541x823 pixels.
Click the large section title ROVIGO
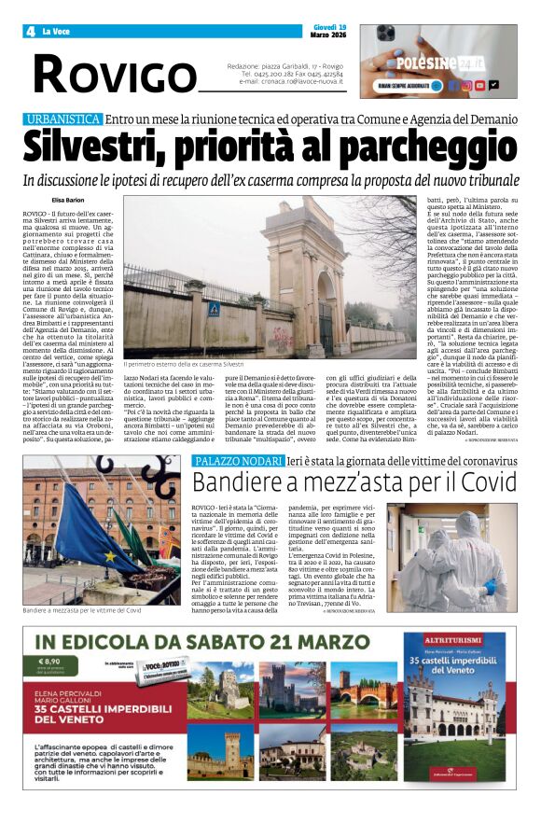(x=116, y=74)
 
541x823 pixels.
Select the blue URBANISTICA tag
(x=63, y=120)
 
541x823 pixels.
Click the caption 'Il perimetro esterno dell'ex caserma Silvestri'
(x=184, y=363)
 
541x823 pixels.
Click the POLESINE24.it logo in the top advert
(x=450, y=63)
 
